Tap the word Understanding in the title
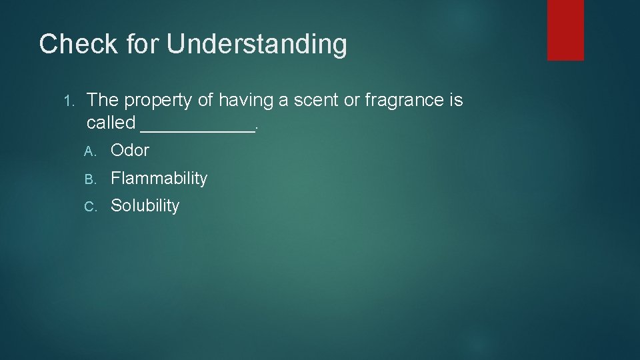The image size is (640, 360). pos(257,45)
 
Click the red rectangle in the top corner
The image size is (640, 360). pos(565,30)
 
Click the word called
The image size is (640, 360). pos(111,123)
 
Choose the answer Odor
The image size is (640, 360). pos(130,151)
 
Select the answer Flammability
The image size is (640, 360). pos(159,179)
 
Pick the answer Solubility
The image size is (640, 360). pos(145,206)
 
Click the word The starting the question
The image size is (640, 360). pos(103,101)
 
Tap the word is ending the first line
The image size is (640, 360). pos(456,101)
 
